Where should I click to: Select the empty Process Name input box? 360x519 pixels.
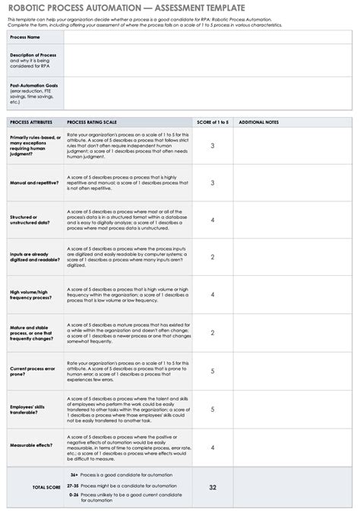tap(208, 36)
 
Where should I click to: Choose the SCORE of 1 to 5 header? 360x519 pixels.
tap(212, 122)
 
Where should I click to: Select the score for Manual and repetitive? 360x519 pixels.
tap(212, 183)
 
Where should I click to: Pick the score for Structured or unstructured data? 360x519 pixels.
tap(212, 220)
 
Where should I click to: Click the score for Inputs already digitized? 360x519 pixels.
tap(212, 257)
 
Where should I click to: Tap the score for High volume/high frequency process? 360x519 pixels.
tap(212, 294)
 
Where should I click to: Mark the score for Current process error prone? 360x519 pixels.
tap(212, 371)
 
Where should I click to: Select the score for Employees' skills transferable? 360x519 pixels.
tap(212, 409)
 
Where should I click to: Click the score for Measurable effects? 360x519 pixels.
tap(212, 448)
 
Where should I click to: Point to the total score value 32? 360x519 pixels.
tap(212, 487)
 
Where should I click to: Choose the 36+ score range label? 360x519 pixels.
tap(73, 475)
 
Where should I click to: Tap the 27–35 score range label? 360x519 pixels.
tap(73, 485)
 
